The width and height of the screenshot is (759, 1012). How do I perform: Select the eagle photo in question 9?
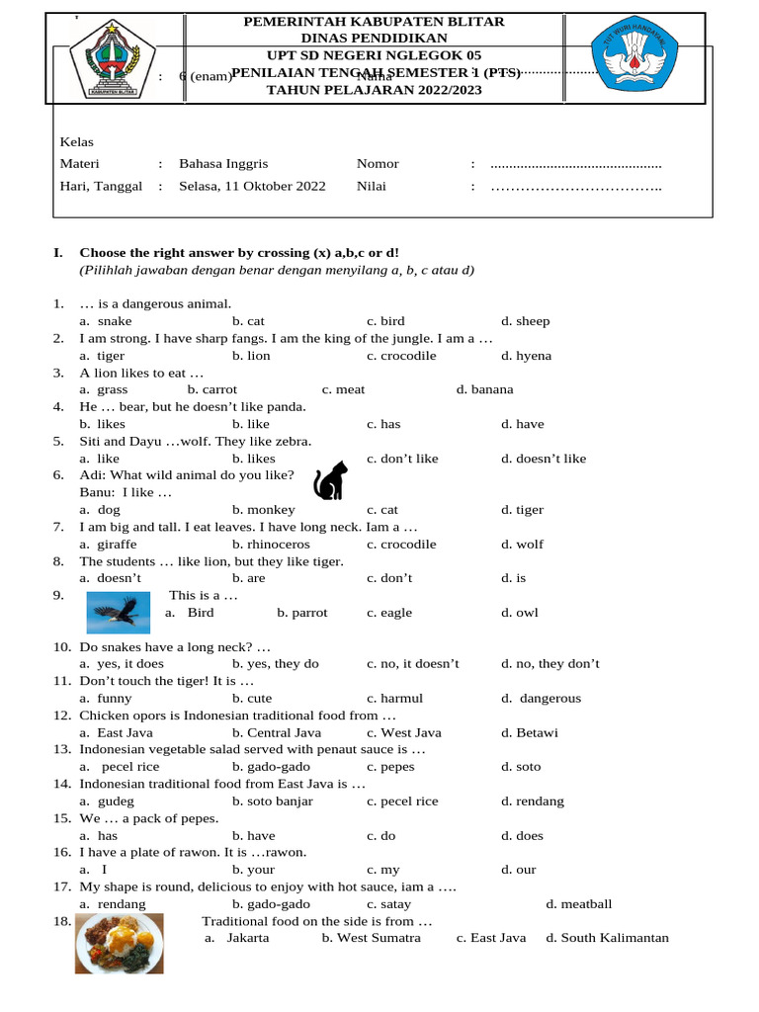coord(119,613)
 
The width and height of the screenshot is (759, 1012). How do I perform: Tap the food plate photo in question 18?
coord(120,942)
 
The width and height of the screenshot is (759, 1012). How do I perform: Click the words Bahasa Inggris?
coord(223,163)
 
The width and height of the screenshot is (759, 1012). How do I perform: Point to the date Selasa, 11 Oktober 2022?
coord(252,185)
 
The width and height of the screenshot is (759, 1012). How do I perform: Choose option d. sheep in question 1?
coord(525,321)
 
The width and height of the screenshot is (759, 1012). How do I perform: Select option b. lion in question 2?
coord(251,356)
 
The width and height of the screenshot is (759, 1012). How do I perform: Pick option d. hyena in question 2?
coord(526,356)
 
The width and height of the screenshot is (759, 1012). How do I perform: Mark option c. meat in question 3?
coord(343,389)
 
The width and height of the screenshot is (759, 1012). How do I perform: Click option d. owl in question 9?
coord(519,613)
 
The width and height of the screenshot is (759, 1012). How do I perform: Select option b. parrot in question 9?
coord(302,613)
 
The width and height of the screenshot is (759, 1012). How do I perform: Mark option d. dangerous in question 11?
coord(541,698)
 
